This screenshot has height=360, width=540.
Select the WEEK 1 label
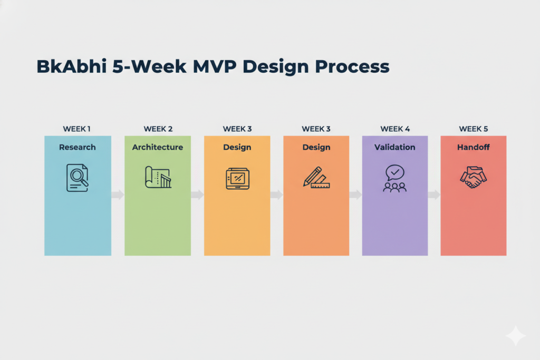point(77,129)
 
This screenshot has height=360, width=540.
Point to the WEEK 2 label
point(158,129)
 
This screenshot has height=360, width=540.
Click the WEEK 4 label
point(395,129)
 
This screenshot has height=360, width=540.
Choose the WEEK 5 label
point(474,129)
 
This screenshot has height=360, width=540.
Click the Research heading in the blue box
point(78,147)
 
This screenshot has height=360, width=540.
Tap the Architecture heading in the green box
point(158,147)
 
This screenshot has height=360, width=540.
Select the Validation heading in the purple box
point(395,147)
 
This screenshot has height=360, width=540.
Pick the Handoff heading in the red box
point(474,147)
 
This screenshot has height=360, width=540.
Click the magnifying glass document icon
point(78,178)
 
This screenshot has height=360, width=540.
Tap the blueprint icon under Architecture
point(158,178)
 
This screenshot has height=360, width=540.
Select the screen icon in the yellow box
point(237,178)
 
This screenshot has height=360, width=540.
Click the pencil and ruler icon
point(316,178)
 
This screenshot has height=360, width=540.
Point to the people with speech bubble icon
point(395,178)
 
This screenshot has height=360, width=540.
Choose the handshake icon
point(474,178)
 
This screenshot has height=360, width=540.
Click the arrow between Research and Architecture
point(118,195)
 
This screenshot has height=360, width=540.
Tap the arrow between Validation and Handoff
point(434,195)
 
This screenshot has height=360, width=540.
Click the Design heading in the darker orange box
point(316,147)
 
